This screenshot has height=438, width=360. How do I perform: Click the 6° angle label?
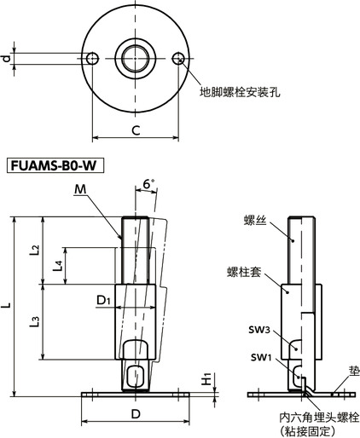tap(149, 184)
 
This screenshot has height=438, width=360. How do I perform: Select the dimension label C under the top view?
tap(136, 130)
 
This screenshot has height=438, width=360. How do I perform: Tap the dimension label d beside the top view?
tap(7, 58)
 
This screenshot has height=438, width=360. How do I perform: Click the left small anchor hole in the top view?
tap(95, 58)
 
